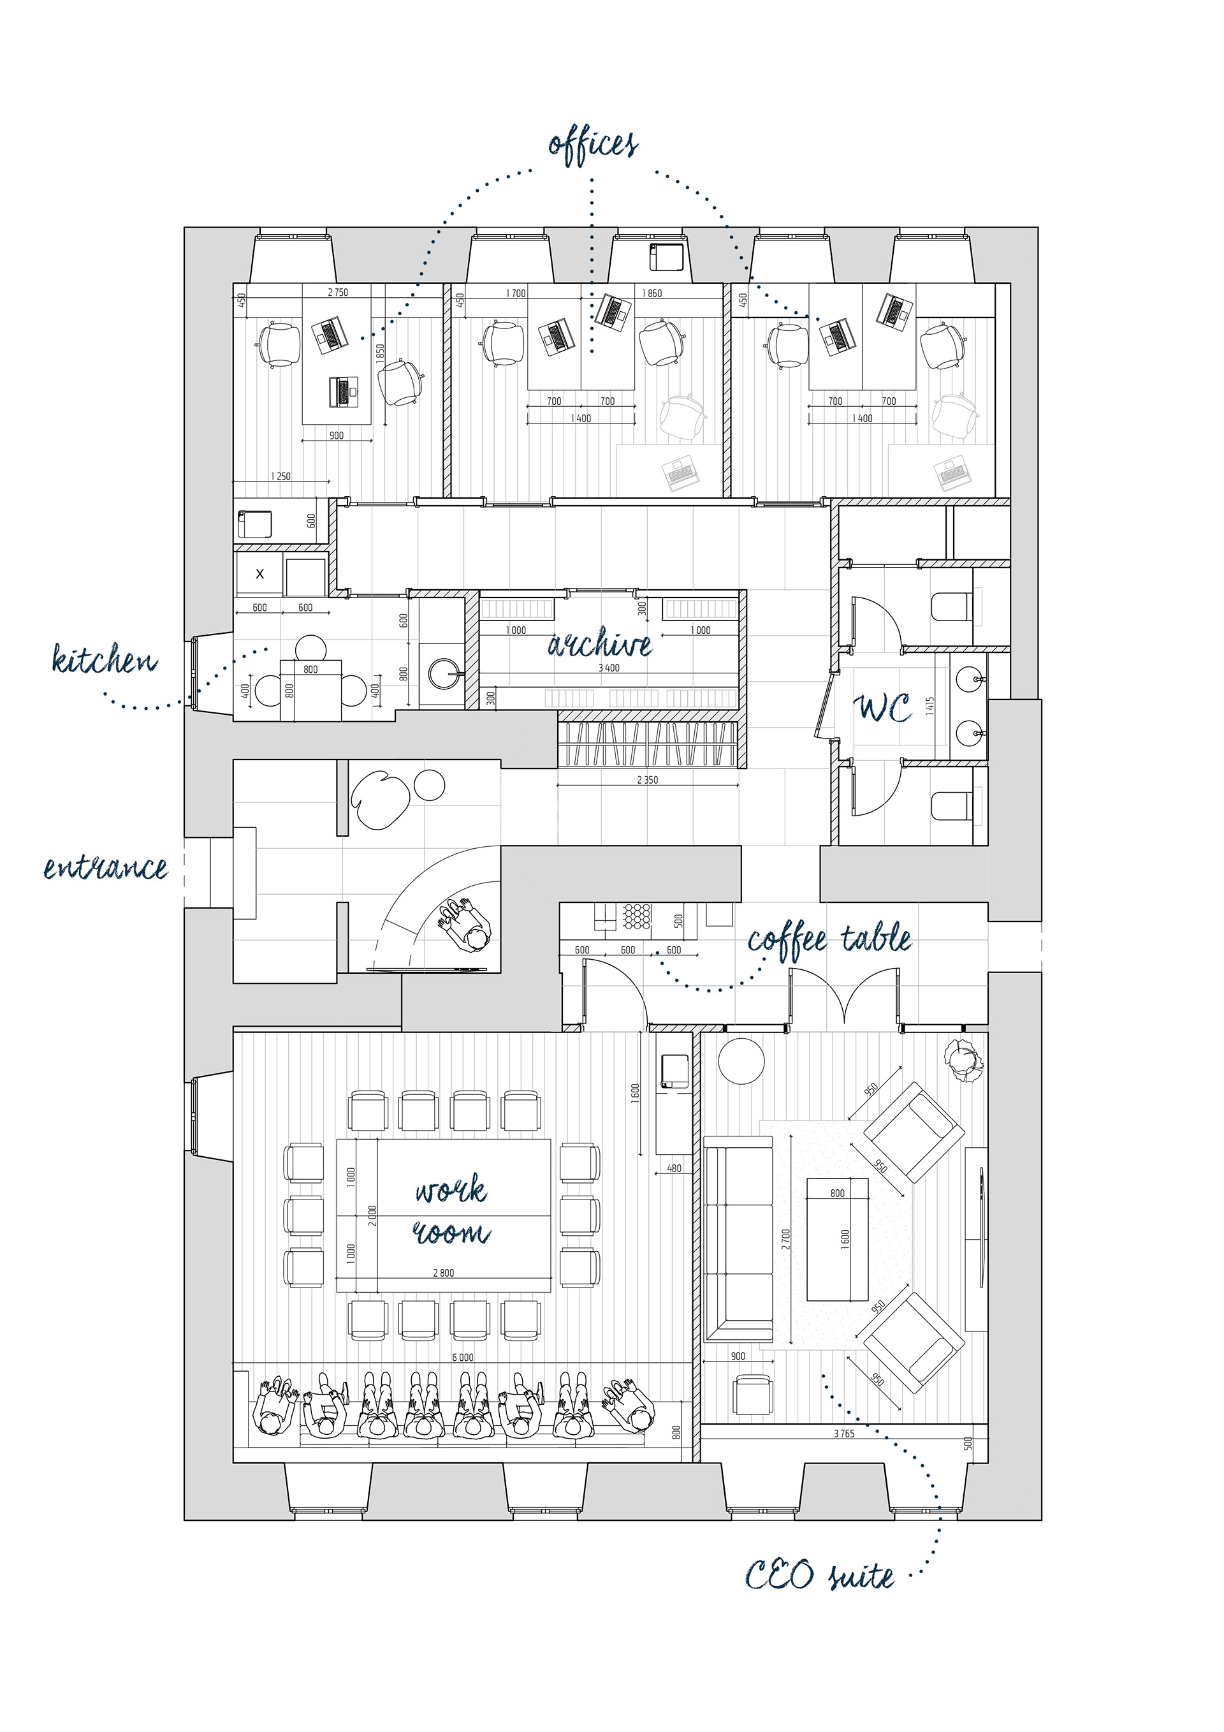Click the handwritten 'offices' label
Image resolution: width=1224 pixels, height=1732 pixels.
[x=593, y=143]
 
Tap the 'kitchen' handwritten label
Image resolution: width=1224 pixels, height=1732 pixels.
[x=105, y=659]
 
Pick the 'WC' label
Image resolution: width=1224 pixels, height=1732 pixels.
[x=882, y=708]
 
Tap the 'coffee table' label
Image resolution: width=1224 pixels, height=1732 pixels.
[x=829, y=941]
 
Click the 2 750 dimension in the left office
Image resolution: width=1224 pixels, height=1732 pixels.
[x=338, y=293]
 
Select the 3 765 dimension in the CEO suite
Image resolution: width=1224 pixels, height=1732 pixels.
[x=844, y=1434]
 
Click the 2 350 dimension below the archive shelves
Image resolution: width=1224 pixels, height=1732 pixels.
[x=647, y=780]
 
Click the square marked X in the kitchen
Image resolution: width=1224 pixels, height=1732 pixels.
[x=259, y=574]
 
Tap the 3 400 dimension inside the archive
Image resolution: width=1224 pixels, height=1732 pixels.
[x=609, y=668]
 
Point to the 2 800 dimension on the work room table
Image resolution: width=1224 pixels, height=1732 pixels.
[x=444, y=1273]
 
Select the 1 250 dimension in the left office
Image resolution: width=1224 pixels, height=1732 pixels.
[x=280, y=476]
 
